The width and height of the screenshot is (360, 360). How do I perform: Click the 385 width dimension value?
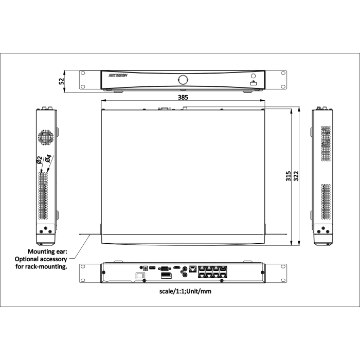click(183, 97)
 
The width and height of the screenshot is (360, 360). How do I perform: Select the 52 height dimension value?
click(62, 81)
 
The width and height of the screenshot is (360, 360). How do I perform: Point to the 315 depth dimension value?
click(289, 176)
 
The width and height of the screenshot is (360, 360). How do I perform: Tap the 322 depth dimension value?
click(296, 176)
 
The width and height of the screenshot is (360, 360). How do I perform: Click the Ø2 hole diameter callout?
click(39, 160)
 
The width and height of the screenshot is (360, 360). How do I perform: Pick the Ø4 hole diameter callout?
click(48, 158)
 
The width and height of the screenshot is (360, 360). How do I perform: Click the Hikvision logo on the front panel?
click(118, 75)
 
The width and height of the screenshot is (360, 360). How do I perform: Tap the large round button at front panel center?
click(183, 80)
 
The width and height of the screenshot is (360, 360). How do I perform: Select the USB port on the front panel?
click(253, 84)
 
